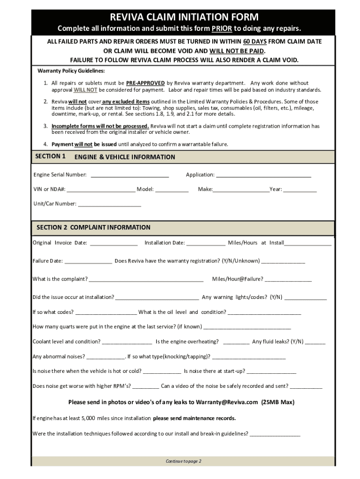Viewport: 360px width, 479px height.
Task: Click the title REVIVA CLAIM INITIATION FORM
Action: click(184, 17)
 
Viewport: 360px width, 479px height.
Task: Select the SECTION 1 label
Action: click(50, 156)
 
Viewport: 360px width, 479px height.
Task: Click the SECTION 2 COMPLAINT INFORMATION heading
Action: click(94, 227)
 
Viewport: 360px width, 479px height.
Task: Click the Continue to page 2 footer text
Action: click(183, 461)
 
